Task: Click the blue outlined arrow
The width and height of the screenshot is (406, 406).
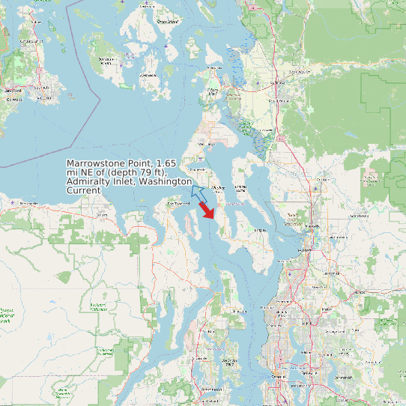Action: pyautogui.click(x=198, y=192)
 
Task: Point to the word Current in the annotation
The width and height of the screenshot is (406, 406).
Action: pyautogui.click(x=83, y=191)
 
